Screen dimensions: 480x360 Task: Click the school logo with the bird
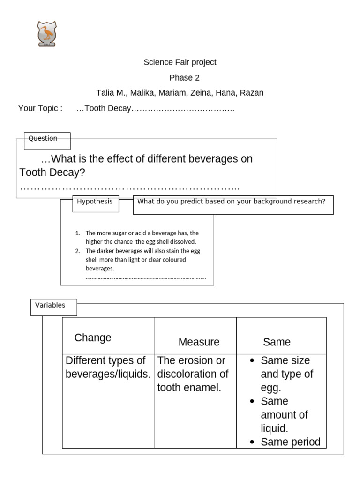coord(47,34)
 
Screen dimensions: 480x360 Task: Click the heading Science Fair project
coord(180,62)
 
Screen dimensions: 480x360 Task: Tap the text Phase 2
coord(184,78)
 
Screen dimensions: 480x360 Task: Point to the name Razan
coord(252,93)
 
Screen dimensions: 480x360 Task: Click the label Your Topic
coord(40,109)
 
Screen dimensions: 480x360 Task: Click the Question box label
coord(43,139)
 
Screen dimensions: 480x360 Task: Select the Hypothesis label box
coord(95,202)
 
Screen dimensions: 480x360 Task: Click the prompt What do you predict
coord(231,202)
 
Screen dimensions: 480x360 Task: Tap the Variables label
coord(50,306)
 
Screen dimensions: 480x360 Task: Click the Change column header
coord(93,338)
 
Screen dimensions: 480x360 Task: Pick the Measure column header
coord(199,342)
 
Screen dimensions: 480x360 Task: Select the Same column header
coord(277,342)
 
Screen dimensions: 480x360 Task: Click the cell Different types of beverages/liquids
coord(108,367)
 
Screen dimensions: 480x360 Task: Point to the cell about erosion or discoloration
coord(193,374)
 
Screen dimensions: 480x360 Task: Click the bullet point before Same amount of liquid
coord(253,402)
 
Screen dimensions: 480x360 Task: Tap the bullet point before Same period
coord(253,442)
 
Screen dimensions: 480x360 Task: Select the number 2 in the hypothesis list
coord(77,251)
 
